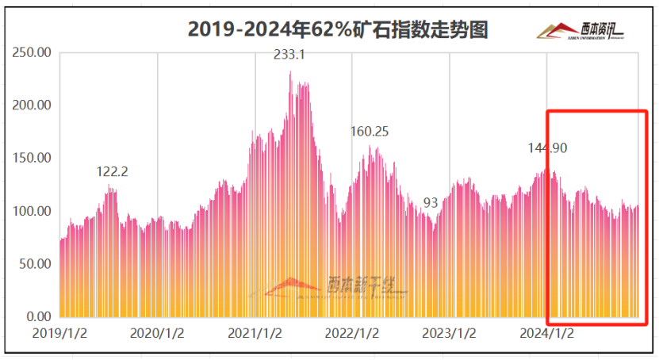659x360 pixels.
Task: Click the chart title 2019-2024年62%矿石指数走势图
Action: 337,29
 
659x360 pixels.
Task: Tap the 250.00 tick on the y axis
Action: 33,52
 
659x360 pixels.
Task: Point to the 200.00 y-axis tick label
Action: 33,105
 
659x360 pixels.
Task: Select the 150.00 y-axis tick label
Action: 33,158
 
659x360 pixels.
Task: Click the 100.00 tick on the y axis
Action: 33,211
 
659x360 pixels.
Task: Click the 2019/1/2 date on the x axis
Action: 59,333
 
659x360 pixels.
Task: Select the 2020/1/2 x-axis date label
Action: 157,333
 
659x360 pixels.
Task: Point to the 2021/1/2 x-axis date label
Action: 255,333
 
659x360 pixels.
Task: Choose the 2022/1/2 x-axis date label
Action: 352,333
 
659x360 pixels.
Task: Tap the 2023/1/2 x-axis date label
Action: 450,333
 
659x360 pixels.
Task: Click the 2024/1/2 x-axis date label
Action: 547,333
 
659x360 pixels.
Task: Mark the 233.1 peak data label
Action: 289,55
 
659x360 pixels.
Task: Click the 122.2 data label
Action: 112,171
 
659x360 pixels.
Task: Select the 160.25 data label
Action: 370,132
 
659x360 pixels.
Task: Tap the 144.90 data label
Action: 548,148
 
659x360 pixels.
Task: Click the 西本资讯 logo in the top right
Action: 581,30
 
